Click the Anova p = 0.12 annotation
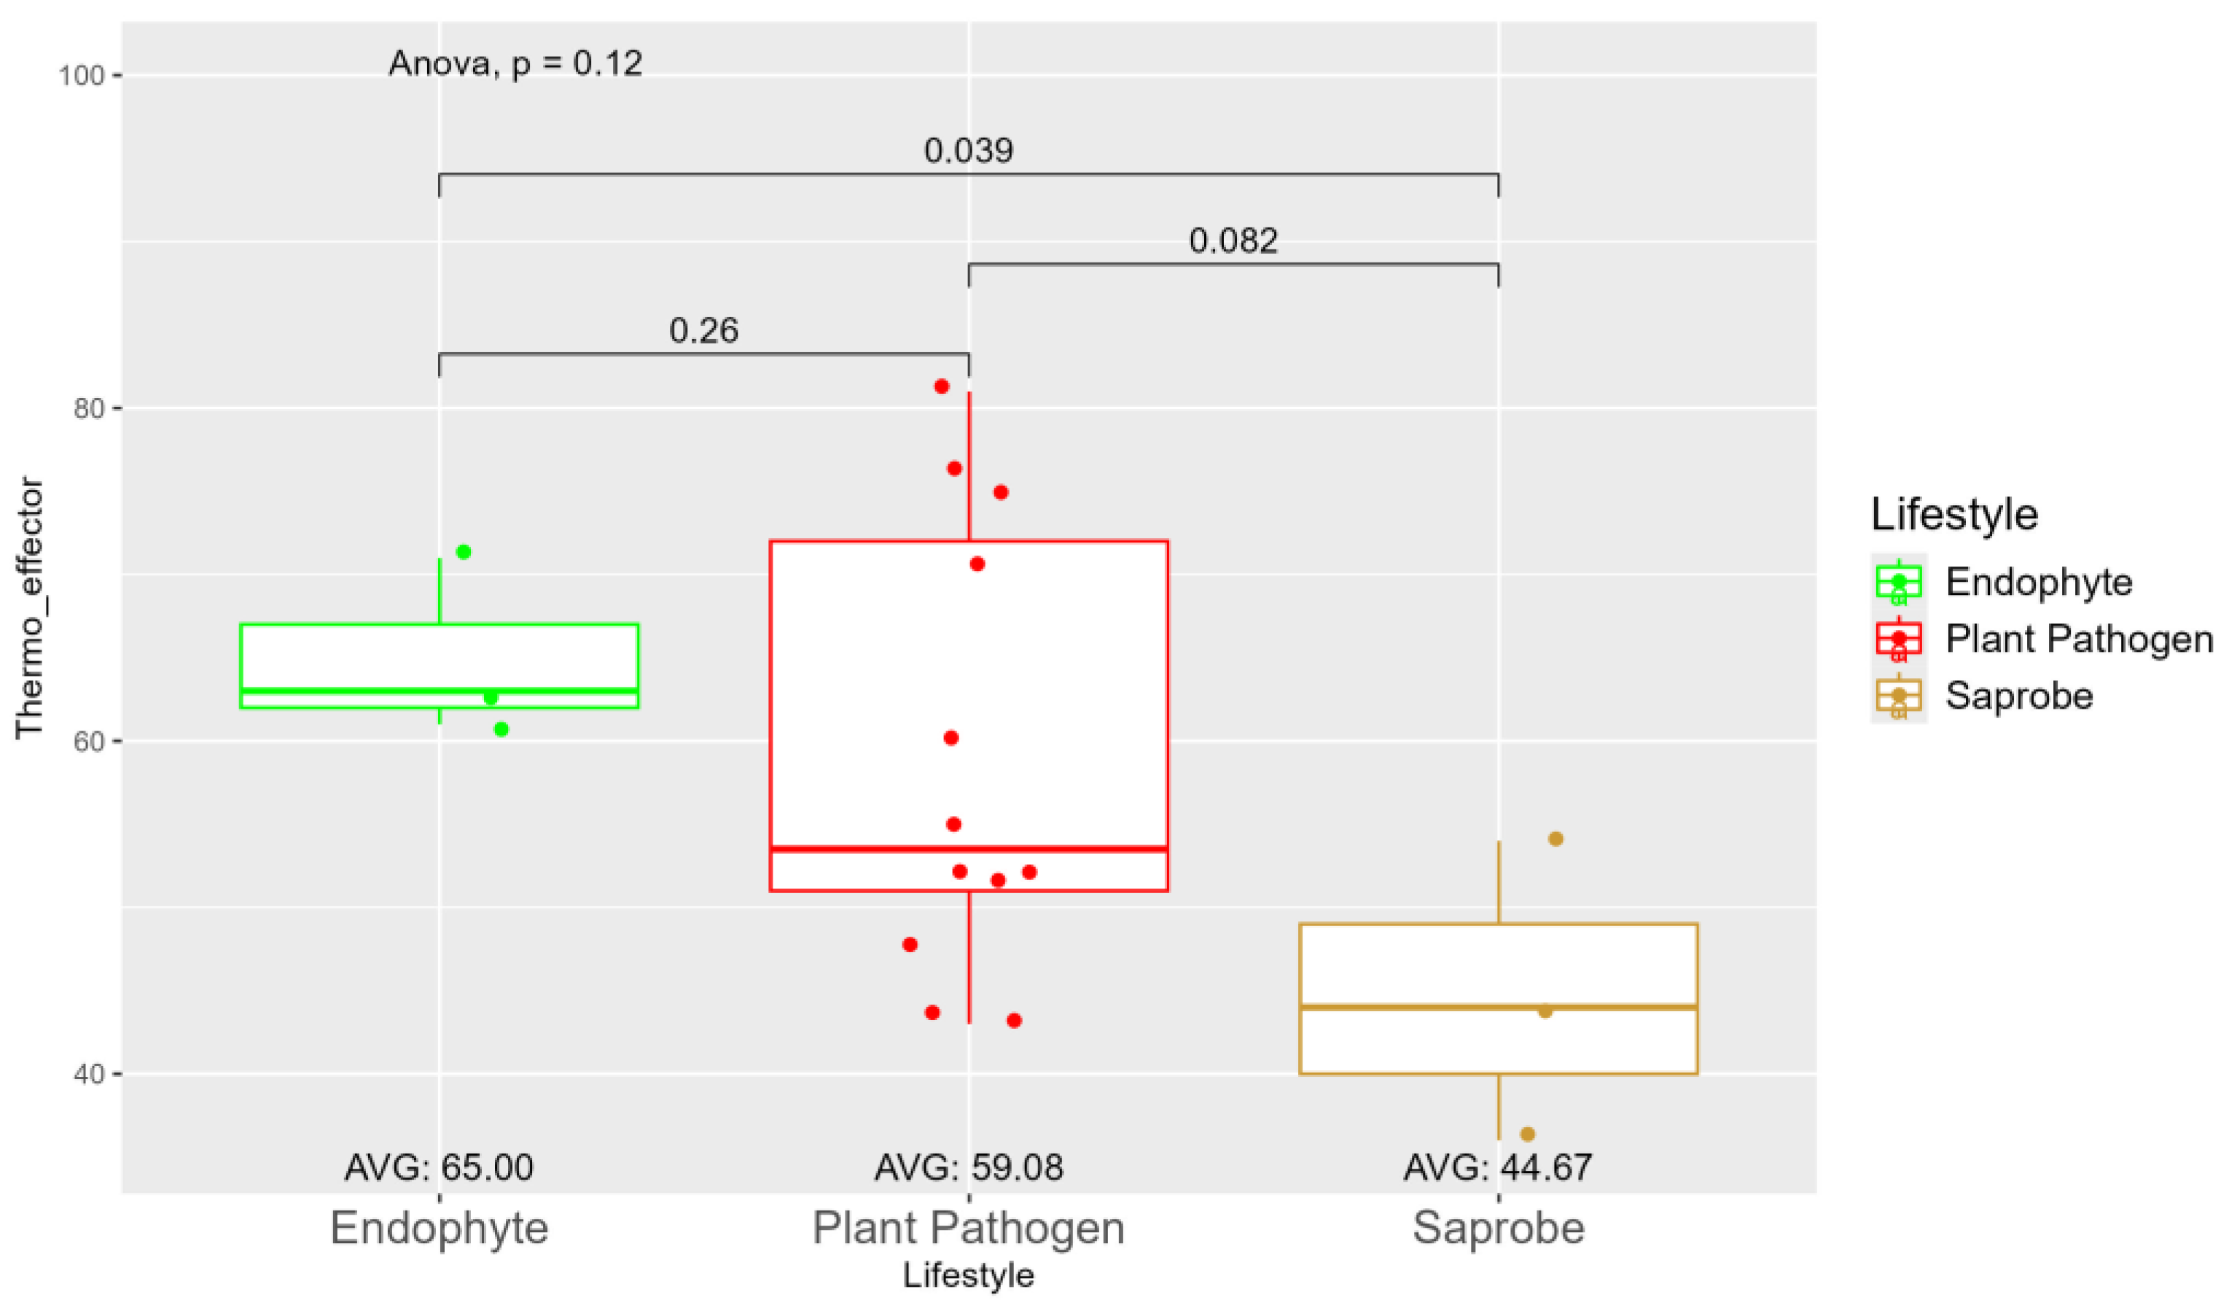(515, 63)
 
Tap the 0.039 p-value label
(969, 150)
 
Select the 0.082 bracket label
(1233, 241)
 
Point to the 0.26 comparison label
(703, 331)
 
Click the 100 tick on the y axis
(82, 75)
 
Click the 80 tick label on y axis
(87, 409)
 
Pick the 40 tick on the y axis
(87, 1075)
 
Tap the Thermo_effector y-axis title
(29, 607)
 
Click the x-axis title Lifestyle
(968, 1275)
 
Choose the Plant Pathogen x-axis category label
(968, 1228)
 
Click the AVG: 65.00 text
(439, 1167)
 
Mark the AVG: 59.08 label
(969, 1167)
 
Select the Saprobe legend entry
(2018, 696)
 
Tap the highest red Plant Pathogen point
(942, 386)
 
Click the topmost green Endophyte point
(464, 552)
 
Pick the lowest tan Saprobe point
(1528, 1134)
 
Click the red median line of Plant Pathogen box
(969, 849)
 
